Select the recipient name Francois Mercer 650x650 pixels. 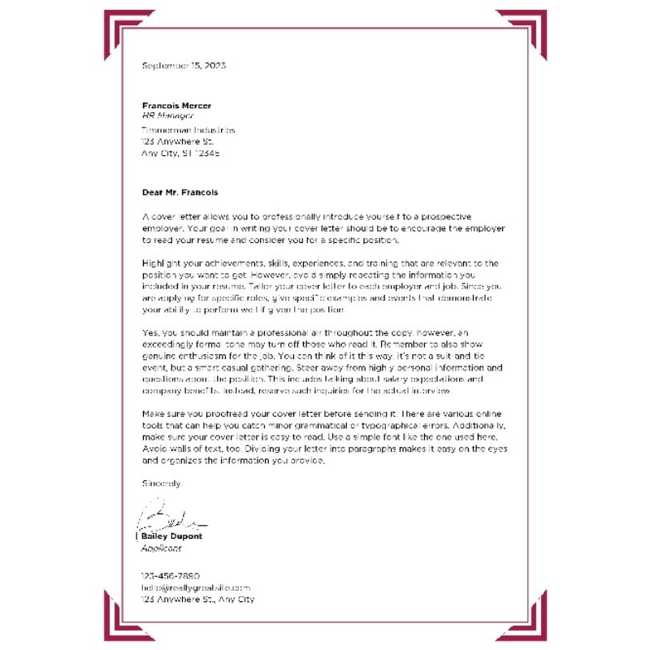(176, 106)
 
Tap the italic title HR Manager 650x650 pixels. (168, 116)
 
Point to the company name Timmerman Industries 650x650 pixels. (188, 129)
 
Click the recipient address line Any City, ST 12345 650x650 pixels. (180, 152)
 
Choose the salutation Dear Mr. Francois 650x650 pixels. (180, 193)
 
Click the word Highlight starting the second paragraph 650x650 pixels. (158, 264)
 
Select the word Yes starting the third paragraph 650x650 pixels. (149, 333)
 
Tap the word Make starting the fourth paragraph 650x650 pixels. (153, 414)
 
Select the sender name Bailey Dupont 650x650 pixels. (171, 536)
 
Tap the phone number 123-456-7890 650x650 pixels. (171, 575)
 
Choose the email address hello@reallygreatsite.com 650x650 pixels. (196, 587)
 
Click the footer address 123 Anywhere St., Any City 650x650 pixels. (197, 599)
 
